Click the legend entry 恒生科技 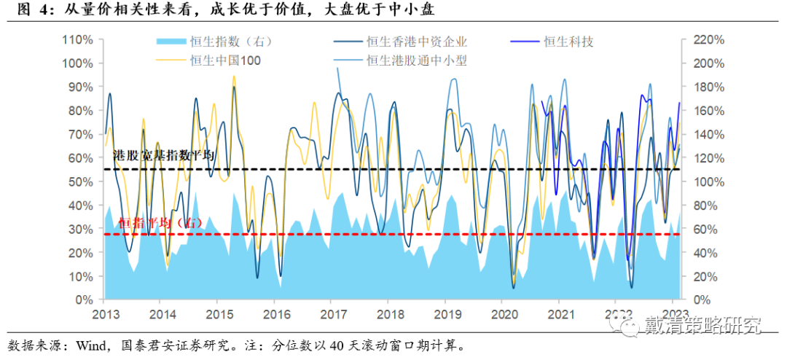[x=568, y=42]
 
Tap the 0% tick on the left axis [x=85, y=300]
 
